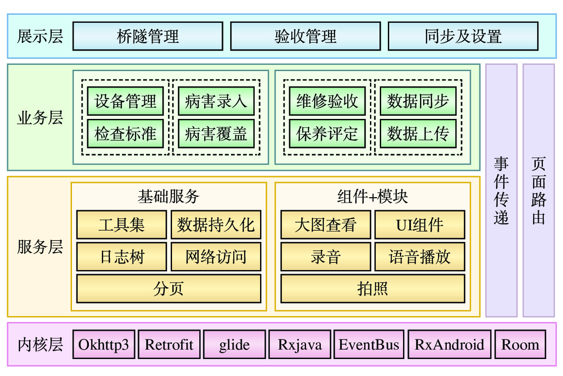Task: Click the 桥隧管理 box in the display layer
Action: (x=147, y=36)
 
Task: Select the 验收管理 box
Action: (x=305, y=36)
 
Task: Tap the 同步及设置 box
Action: (x=463, y=36)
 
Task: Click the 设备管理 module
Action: (x=125, y=101)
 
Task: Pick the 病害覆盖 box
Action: (x=216, y=134)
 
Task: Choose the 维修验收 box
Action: (x=327, y=101)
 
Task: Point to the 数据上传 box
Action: (x=418, y=134)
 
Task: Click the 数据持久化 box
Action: (x=216, y=224)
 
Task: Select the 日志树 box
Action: (x=122, y=257)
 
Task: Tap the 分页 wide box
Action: (x=168, y=289)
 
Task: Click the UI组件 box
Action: (x=420, y=224)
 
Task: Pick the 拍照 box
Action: (x=373, y=289)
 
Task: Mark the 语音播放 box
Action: (x=420, y=257)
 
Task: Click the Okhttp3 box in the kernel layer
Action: (x=103, y=345)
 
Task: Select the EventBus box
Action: (x=369, y=345)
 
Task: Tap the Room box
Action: (x=520, y=345)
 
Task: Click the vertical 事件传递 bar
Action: (x=501, y=190)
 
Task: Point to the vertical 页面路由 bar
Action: (x=538, y=190)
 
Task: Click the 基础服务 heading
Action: (x=168, y=197)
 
